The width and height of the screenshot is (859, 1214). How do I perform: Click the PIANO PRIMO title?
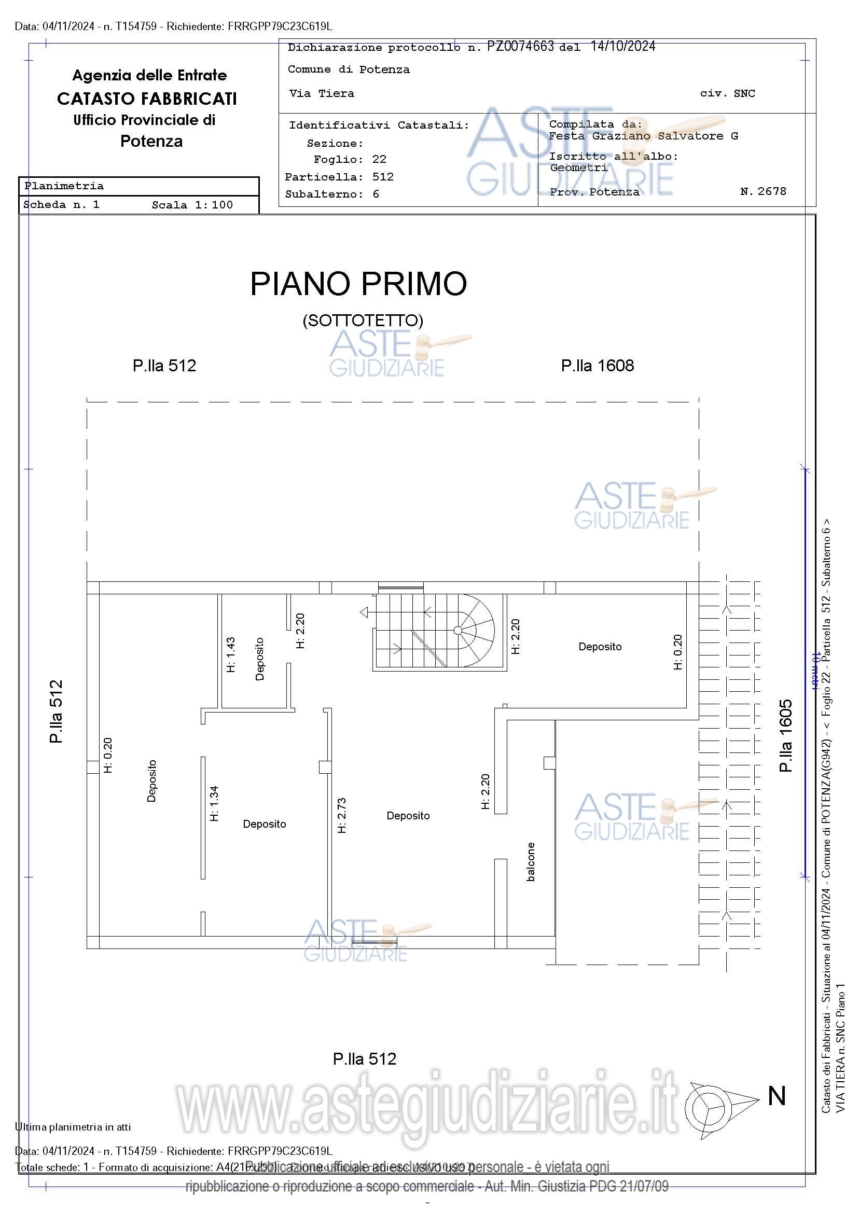[x=358, y=284]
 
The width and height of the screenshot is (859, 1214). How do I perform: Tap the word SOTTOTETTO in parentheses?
[x=363, y=320]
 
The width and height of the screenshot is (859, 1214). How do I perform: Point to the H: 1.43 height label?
[x=231, y=654]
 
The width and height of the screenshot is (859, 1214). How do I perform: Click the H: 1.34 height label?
[x=214, y=803]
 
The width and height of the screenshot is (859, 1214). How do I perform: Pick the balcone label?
[x=531, y=862]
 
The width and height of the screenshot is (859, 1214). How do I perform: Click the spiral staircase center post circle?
[x=458, y=630]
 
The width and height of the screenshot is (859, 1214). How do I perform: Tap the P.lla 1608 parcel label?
[x=597, y=366]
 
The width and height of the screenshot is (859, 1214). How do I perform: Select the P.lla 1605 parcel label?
[x=786, y=735]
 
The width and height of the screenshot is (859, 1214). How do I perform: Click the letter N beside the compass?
[x=777, y=1096]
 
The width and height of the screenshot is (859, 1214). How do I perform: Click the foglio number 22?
[x=379, y=159]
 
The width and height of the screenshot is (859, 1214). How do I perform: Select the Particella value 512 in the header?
[x=383, y=177]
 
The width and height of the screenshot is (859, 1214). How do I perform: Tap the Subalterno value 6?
[x=376, y=194]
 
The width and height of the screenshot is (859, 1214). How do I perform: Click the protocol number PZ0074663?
[x=520, y=47]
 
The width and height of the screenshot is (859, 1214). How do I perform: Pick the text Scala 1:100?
[x=192, y=205]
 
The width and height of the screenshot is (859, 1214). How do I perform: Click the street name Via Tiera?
[x=322, y=93]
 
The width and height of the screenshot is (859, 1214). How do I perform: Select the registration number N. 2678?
[x=763, y=191]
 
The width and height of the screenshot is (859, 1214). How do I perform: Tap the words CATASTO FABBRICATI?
[x=147, y=99]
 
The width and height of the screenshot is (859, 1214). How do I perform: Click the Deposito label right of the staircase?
[x=600, y=647]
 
